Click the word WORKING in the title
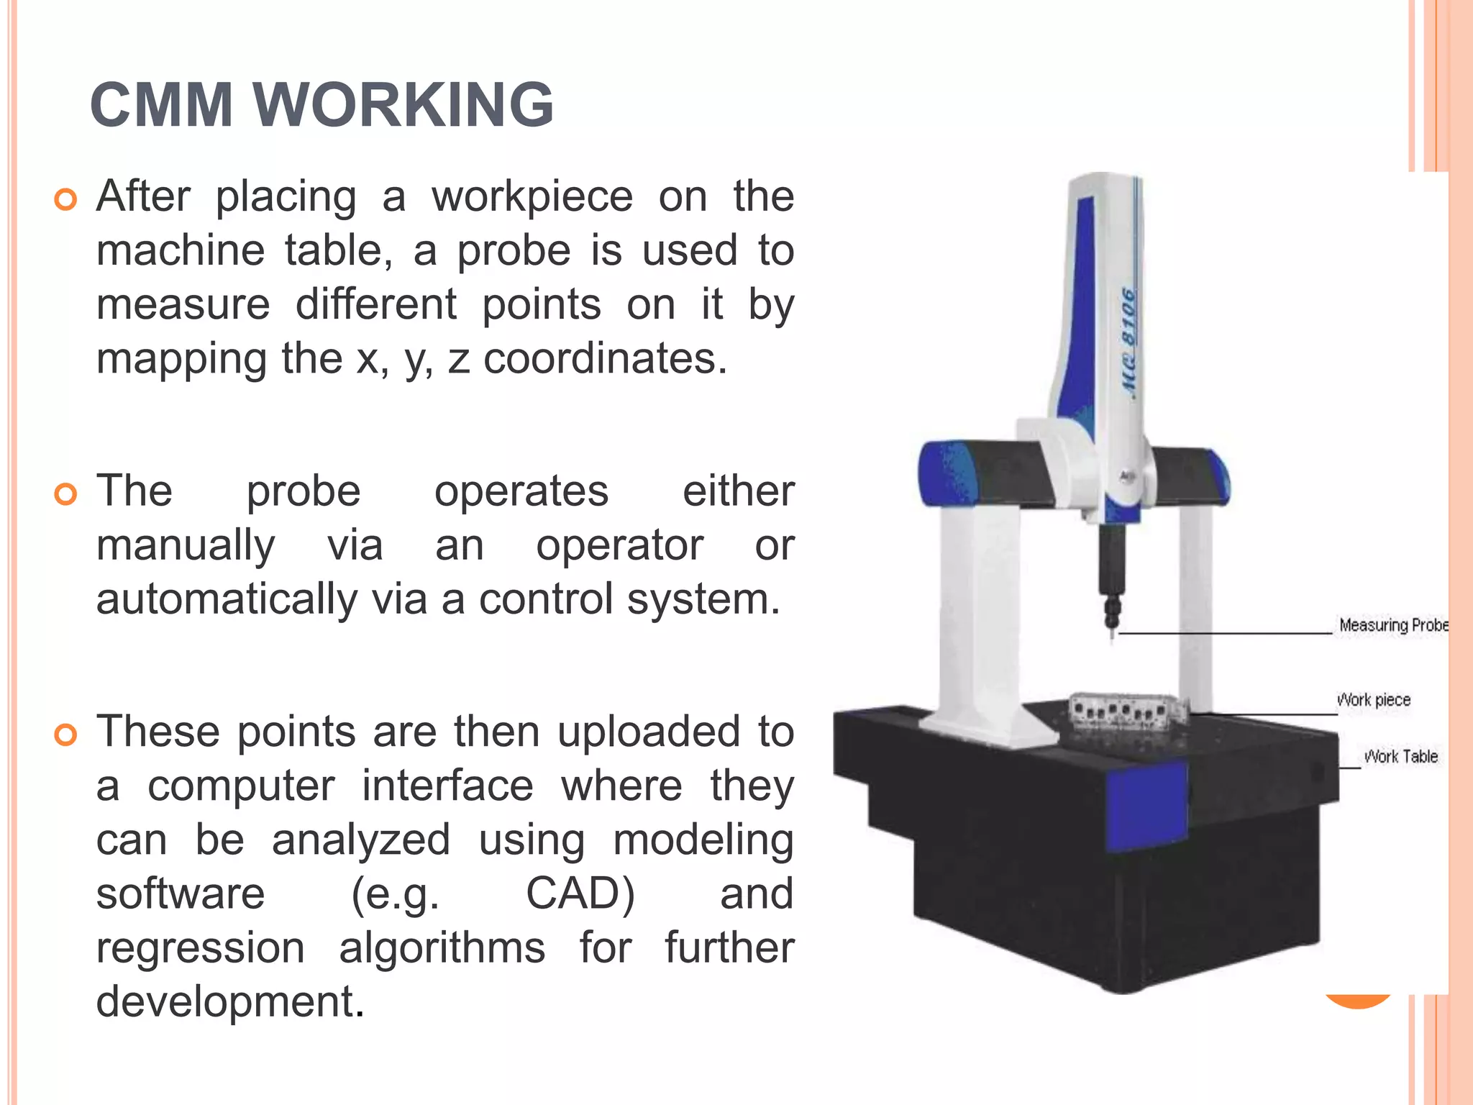click(403, 105)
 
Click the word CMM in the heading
click(161, 105)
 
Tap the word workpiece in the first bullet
click(532, 196)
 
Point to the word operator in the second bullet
click(619, 545)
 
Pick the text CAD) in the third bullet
click(580, 893)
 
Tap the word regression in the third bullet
click(201, 947)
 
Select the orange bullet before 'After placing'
click(65, 200)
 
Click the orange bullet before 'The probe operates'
click(65, 495)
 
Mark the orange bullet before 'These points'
click(65, 735)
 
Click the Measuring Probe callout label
click(1392, 625)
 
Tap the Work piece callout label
click(1373, 700)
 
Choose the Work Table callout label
click(1400, 757)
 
